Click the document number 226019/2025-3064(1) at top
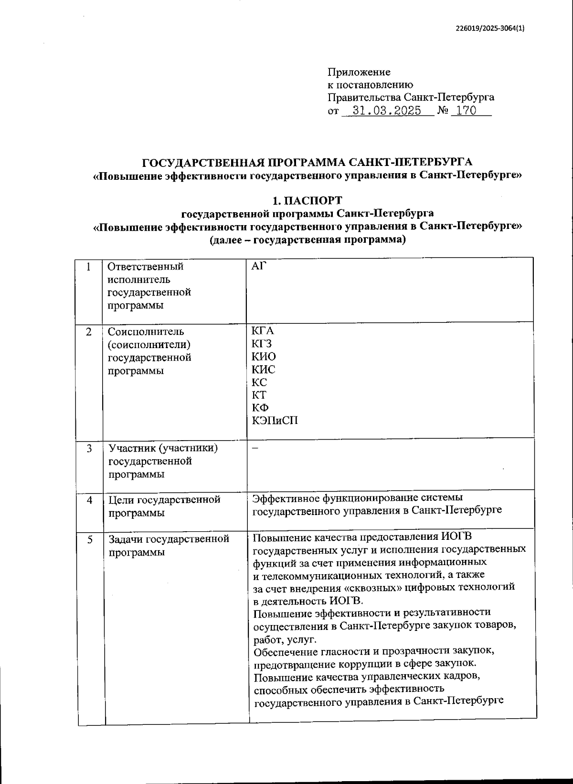point(489,28)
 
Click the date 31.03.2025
point(386,111)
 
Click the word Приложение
point(359,72)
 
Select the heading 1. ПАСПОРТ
point(307,200)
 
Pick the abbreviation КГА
point(263,331)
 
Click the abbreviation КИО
point(264,357)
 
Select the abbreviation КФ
point(260,408)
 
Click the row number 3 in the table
point(89,449)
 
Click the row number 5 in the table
point(90,539)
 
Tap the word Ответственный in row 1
point(146,267)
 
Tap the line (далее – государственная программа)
point(307,240)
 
